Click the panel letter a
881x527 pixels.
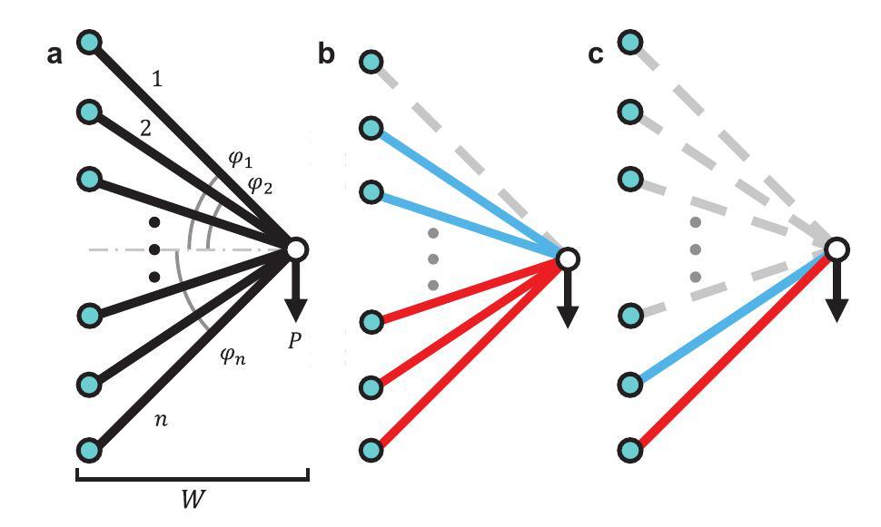pyautogui.click(x=55, y=55)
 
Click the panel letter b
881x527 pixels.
pyautogui.click(x=326, y=55)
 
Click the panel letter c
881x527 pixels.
pyautogui.click(x=597, y=55)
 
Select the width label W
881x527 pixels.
pyautogui.click(x=193, y=501)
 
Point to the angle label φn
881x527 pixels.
pyautogui.click(x=232, y=358)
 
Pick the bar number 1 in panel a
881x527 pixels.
pyautogui.click(x=157, y=80)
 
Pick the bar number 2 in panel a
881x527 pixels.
pyautogui.click(x=145, y=127)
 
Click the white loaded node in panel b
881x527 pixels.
pyautogui.click(x=567, y=259)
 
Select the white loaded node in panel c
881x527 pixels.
pyautogui.click(x=837, y=249)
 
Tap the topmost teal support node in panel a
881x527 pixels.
pyautogui.click(x=89, y=42)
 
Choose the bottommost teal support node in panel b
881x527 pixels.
pyautogui.click(x=371, y=448)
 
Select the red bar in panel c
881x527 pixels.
pyautogui.click(x=727, y=354)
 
